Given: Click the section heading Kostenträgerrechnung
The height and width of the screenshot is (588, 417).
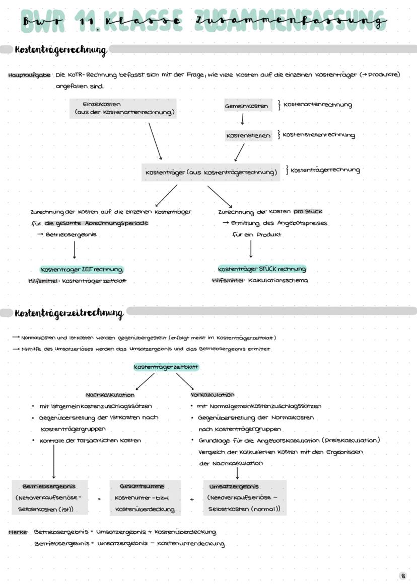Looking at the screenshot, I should [61, 50].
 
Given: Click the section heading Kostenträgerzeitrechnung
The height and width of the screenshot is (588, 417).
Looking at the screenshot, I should [69, 314].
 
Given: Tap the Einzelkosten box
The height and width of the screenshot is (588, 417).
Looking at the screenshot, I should [123, 108].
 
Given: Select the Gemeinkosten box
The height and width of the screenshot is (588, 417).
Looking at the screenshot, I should [247, 106].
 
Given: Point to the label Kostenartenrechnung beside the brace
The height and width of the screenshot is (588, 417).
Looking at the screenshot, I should [317, 105].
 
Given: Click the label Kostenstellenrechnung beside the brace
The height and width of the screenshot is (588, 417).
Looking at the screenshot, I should [319, 135].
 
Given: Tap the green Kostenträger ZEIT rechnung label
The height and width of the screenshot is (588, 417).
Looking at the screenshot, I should [81, 270].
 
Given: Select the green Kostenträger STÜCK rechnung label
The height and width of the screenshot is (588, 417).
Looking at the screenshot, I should [262, 269].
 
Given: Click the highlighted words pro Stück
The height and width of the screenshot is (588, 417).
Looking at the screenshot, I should [308, 211].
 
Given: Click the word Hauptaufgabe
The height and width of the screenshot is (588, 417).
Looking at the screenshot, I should [29, 75].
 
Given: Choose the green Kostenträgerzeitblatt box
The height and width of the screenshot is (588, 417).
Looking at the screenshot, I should [166, 368].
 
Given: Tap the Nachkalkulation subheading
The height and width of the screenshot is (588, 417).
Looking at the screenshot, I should [110, 395].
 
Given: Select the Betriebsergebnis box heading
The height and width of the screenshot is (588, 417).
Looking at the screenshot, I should [49, 486].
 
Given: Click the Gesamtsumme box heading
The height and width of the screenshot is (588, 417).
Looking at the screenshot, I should [142, 486].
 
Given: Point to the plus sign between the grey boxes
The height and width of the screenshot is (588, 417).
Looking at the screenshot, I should [192, 499].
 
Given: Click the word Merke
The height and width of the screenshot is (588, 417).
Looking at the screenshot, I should [18, 532].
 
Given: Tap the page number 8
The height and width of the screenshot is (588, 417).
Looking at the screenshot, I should [403, 575].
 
